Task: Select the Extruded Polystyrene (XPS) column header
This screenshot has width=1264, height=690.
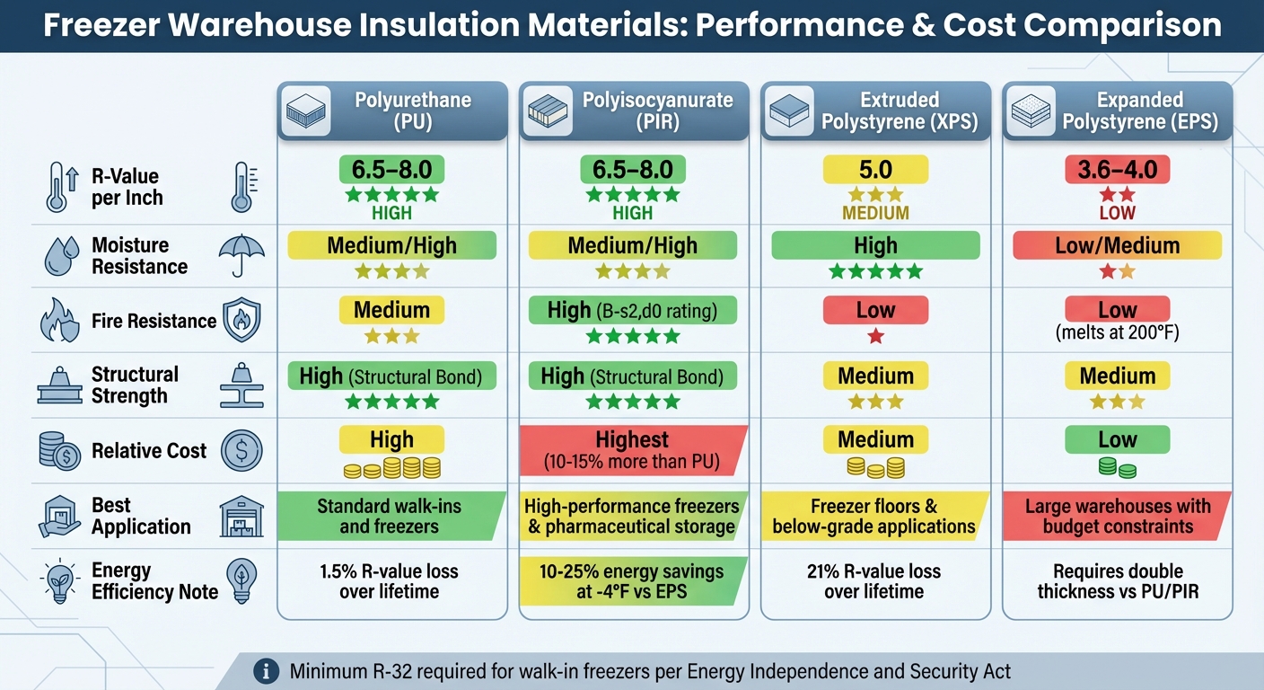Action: coord(875,111)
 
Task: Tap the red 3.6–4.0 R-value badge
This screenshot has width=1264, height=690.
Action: coord(1117,170)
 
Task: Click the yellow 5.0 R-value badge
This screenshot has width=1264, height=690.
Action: coord(875,170)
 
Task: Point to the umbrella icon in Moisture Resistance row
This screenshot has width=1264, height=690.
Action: coord(241,256)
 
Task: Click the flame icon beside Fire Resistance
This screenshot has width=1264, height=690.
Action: coord(60,322)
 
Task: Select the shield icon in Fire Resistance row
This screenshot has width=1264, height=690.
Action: coord(241,322)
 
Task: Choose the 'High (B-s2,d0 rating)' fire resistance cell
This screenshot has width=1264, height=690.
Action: coord(632,311)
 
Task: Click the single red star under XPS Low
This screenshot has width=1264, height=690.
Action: coord(875,337)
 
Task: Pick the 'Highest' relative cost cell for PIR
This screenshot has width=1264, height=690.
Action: coord(632,450)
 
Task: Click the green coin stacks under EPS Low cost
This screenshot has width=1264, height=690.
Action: coord(1117,467)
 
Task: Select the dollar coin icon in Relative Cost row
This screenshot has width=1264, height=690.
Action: coord(241,450)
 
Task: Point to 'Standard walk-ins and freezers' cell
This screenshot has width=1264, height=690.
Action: coord(390,516)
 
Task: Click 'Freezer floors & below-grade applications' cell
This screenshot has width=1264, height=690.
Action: coord(875,516)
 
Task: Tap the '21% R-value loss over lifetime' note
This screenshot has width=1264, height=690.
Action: coord(875,581)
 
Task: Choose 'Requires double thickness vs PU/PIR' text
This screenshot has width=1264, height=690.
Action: coord(1117,581)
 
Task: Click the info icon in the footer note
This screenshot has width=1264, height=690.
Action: coord(265,670)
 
